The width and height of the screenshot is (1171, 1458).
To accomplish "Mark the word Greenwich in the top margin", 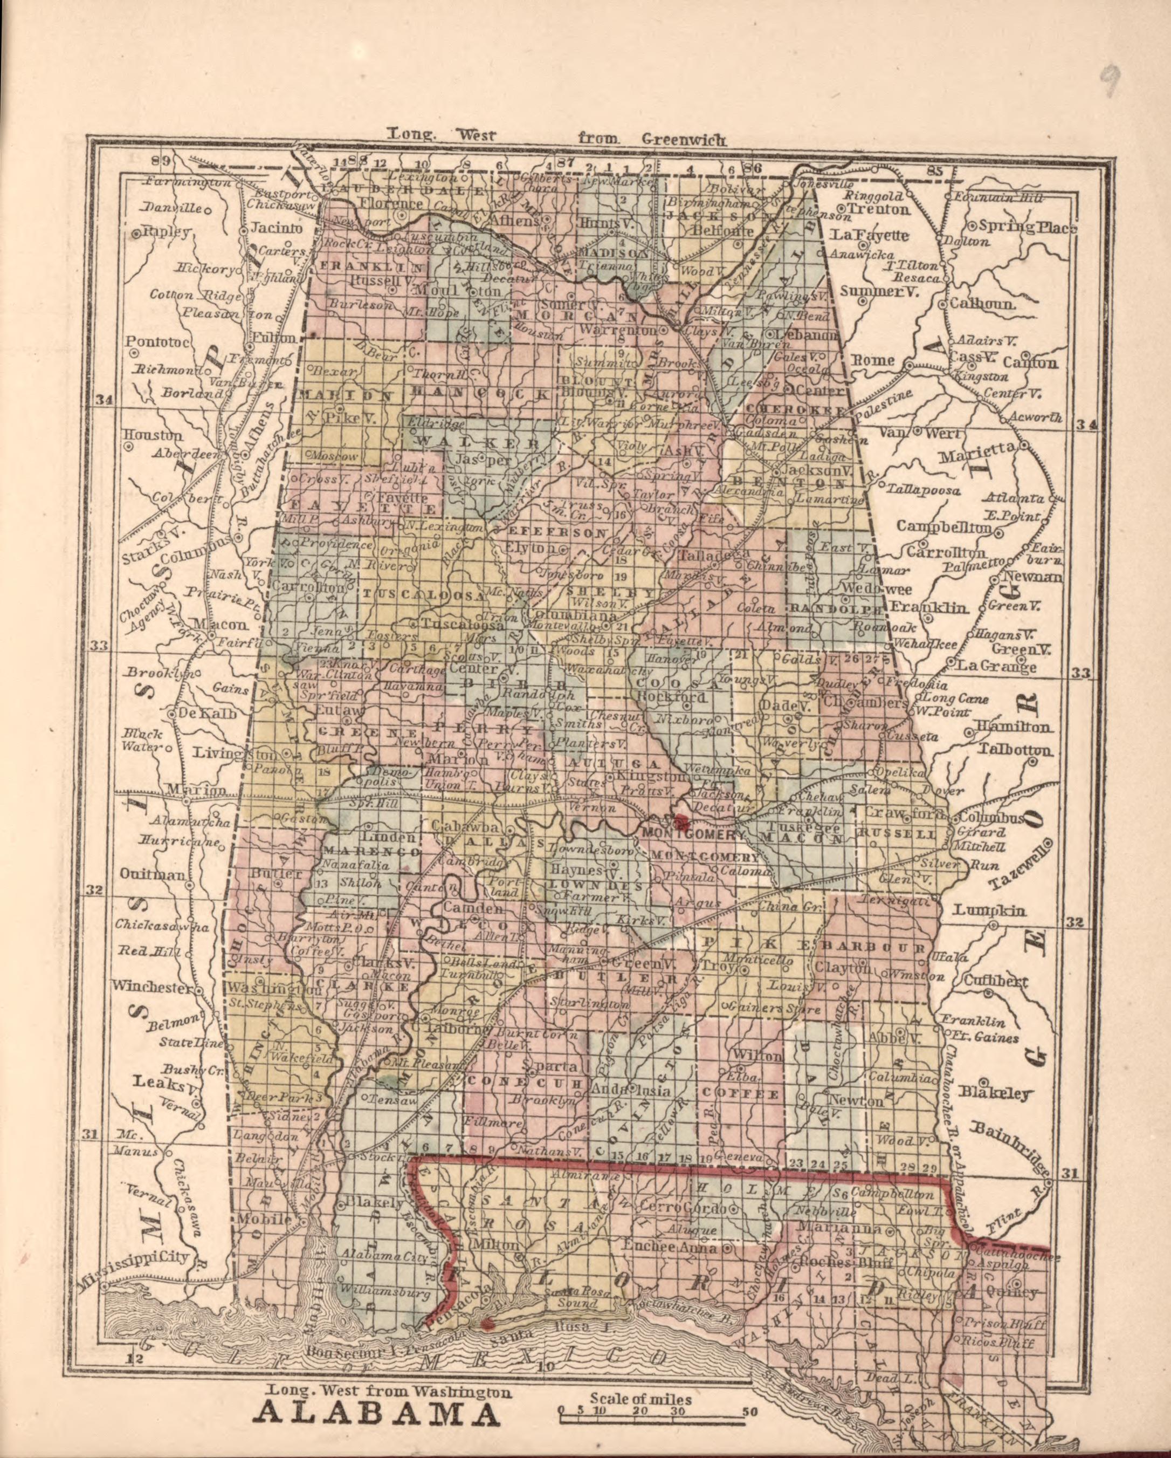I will (x=684, y=140).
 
